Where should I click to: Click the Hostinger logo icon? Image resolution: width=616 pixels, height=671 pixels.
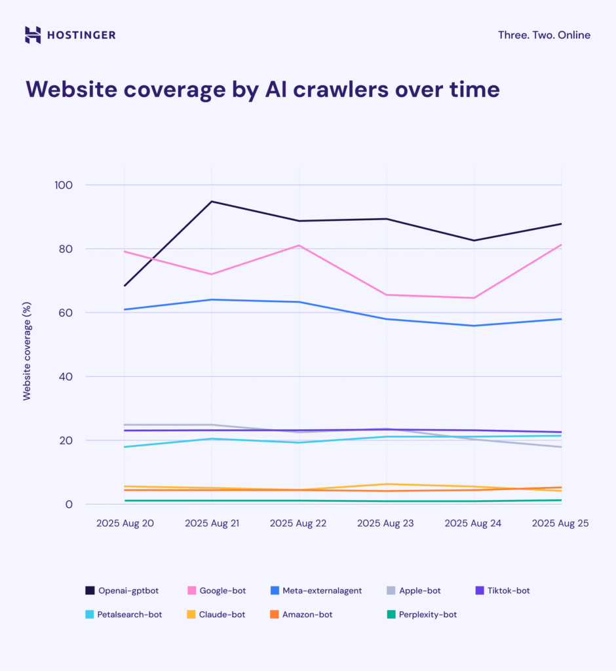[x=33, y=35]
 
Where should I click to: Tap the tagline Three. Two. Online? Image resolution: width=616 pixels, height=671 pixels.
[x=544, y=35]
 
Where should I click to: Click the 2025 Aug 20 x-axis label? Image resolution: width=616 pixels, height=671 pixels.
[x=125, y=524]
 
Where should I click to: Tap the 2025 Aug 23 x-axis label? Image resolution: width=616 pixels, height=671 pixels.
[x=385, y=524]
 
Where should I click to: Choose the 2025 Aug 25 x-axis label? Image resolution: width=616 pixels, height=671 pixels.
[x=561, y=524]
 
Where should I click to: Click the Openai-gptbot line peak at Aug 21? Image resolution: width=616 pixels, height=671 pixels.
[x=212, y=201]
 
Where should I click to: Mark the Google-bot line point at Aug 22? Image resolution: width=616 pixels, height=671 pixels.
[x=299, y=245]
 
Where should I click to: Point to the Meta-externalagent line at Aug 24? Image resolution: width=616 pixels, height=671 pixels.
[x=474, y=326]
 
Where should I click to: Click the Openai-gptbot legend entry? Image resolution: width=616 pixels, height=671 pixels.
[x=122, y=590]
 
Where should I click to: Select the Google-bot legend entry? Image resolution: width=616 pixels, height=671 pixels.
[x=217, y=590]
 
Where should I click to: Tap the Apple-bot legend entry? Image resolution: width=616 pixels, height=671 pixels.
[x=413, y=590]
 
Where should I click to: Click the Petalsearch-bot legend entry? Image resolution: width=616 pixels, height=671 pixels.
[x=123, y=615]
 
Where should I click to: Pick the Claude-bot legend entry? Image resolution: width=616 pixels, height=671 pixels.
[x=217, y=615]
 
